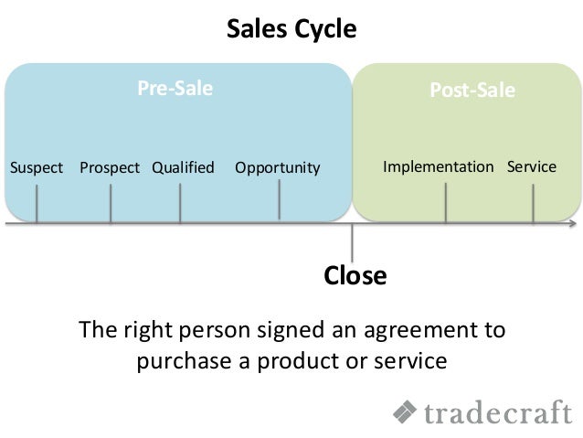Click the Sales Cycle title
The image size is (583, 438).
(291, 29)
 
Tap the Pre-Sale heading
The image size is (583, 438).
(175, 89)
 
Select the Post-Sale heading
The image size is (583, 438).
(472, 91)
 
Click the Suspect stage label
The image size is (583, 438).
(36, 167)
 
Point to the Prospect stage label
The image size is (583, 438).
(110, 167)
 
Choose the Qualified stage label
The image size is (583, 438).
(183, 167)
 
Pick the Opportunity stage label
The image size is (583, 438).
(278, 168)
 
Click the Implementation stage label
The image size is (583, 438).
(438, 167)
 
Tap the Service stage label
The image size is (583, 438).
(531, 167)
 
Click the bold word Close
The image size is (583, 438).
(355, 275)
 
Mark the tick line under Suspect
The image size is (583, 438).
(37, 204)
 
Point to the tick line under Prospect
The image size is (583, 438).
(111, 204)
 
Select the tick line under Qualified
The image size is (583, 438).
(180, 204)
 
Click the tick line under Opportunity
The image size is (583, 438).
(280, 201)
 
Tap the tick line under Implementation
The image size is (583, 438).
(446, 203)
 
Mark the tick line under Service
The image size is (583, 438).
(534, 203)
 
